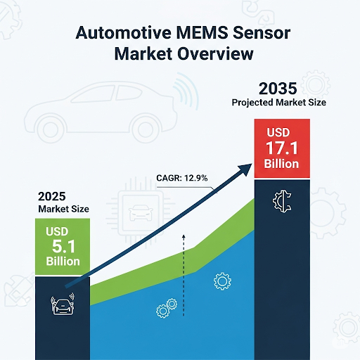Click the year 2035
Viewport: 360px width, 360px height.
[280, 89]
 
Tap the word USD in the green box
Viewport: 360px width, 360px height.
[60, 231]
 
